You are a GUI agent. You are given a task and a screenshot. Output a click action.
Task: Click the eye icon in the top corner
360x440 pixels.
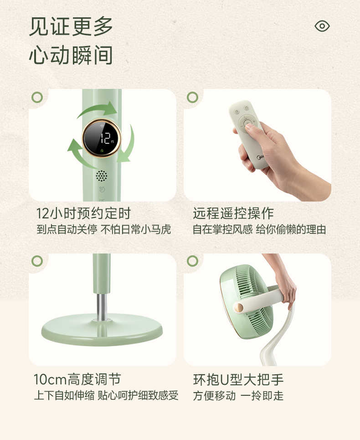click(x=322, y=26)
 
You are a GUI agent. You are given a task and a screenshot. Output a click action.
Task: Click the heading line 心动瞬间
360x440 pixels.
click(x=71, y=56)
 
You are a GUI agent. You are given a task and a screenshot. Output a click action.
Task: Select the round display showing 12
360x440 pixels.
click(x=101, y=138)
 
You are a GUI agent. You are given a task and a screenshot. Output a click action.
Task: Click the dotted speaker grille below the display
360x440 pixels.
click(x=101, y=176)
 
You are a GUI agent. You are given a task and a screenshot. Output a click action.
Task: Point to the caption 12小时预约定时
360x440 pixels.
click(x=83, y=213)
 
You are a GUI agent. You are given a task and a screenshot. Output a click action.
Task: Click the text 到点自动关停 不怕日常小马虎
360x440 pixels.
click(x=103, y=229)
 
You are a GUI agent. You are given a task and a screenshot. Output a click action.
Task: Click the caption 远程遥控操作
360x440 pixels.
click(x=233, y=213)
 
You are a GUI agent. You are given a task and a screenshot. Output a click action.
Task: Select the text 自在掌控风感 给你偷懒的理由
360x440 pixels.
click(x=259, y=229)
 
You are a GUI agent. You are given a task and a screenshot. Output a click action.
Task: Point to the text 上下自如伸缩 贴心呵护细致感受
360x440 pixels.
click(x=106, y=395)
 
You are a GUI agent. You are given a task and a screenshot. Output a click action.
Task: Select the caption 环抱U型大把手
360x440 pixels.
click(x=238, y=379)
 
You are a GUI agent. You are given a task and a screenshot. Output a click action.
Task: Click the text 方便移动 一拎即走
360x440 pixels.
click(x=238, y=395)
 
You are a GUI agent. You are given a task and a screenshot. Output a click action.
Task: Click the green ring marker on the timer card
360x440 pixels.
click(x=37, y=97)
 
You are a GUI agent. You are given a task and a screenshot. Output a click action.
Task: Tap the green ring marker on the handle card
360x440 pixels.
click(x=192, y=261)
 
